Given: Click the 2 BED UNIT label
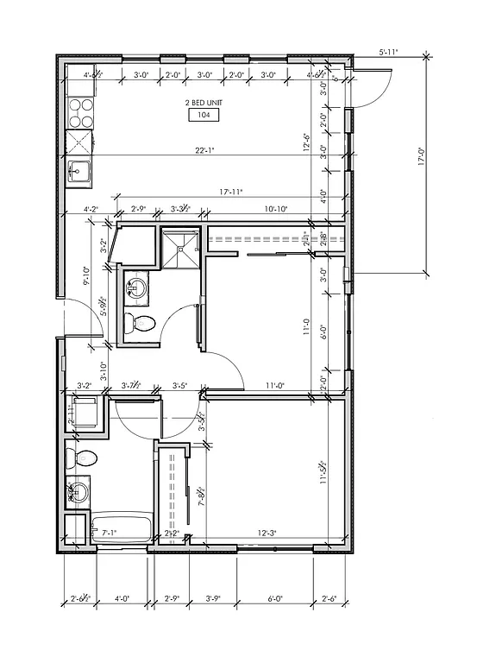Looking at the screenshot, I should [x=204, y=102].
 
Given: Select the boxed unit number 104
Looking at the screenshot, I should [x=204, y=115].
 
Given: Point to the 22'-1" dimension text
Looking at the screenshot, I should [x=204, y=150].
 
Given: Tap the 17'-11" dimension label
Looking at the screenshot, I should [x=203, y=193].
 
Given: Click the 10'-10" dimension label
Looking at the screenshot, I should [x=276, y=209].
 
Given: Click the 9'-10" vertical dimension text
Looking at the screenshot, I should [x=87, y=275].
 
